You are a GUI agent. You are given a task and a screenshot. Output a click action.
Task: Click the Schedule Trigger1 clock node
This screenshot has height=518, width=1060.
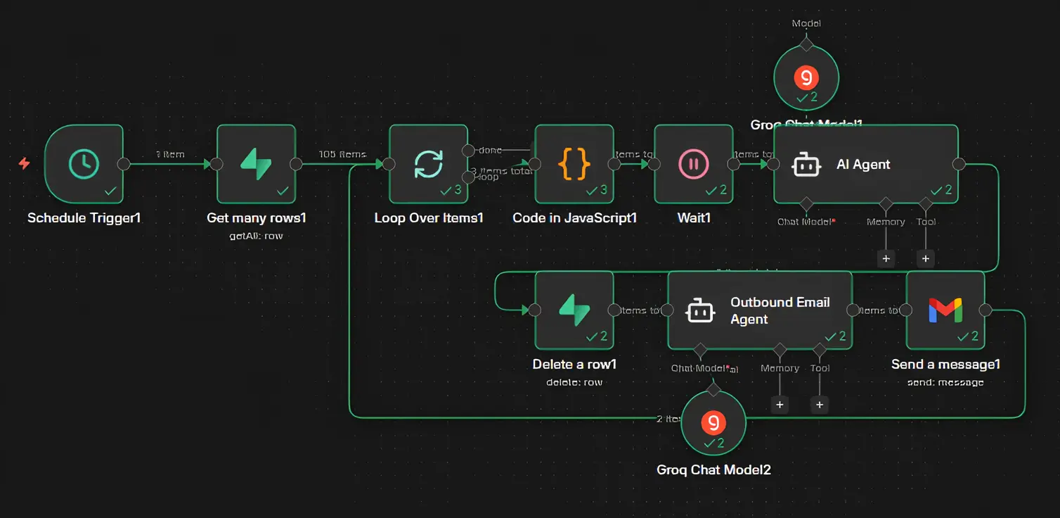[84, 164]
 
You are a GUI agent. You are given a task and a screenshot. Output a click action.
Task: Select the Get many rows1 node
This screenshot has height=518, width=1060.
[256, 164]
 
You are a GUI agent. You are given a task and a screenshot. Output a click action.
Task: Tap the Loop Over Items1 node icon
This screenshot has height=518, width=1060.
[428, 164]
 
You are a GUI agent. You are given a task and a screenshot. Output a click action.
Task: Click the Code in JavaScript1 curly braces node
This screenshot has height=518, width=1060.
[574, 164]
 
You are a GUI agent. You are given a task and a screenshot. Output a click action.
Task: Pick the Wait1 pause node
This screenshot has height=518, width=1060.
[693, 164]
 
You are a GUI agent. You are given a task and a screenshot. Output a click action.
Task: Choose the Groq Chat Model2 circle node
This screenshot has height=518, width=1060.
[713, 423]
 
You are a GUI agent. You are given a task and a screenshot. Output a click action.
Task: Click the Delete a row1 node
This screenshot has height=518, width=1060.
[574, 310]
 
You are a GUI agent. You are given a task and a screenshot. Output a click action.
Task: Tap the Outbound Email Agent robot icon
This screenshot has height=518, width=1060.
[700, 311]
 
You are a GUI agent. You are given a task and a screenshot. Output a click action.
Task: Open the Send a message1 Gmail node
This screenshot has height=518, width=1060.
[945, 310]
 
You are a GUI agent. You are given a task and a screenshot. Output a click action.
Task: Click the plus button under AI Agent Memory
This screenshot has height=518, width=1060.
[886, 258]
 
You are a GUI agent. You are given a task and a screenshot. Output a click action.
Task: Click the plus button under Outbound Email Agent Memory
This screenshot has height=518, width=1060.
[779, 405]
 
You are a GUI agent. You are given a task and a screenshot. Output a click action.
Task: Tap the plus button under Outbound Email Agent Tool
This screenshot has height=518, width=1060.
[819, 405]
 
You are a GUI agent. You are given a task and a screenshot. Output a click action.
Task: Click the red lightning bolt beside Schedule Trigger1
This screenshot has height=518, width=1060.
[24, 164]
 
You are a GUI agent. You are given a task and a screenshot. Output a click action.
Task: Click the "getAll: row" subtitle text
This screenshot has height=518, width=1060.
[256, 236]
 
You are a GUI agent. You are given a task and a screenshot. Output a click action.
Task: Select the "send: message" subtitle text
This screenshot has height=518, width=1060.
[945, 382]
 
